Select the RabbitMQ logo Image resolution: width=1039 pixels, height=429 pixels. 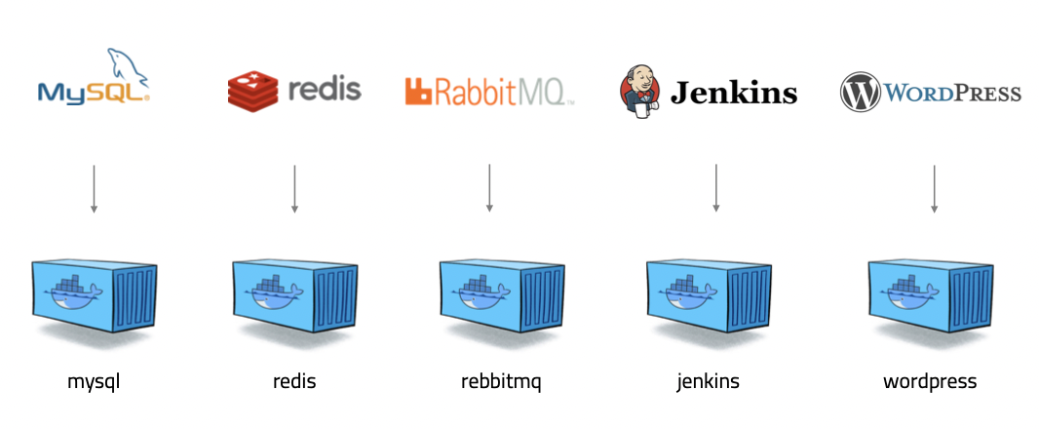point(489,92)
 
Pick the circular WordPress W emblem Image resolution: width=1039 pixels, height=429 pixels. point(860,93)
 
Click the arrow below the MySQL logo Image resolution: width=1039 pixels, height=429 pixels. point(94,188)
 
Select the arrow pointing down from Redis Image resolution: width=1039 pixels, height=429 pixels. point(294,188)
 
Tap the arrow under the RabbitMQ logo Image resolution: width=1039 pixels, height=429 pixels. point(489,188)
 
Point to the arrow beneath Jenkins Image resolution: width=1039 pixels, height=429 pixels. point(715,188)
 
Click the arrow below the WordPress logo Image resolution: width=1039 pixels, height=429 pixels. point(935,188)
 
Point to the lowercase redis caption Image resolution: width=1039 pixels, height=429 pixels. point(294,380)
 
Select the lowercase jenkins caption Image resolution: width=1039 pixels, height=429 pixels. point(708,381)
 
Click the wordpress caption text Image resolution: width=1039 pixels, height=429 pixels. point(930,381)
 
